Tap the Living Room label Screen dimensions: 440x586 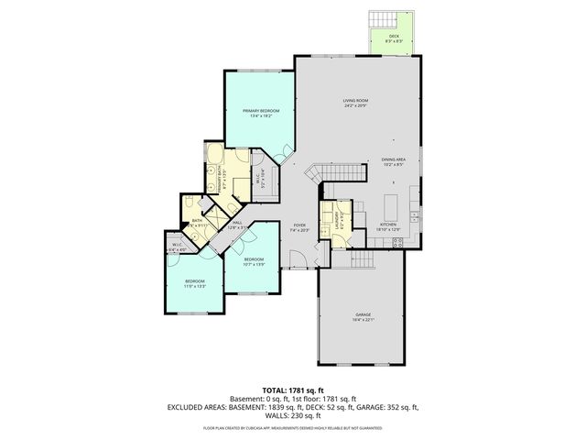pos(356,103)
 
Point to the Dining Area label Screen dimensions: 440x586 pos(394,161)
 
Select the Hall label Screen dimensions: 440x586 pos(236,225)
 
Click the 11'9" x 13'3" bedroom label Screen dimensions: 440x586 pos(195,283)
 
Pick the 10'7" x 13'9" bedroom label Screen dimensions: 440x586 pos(254,262)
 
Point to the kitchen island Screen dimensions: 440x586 pos(392,201)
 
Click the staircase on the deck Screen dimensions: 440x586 pos(381,19)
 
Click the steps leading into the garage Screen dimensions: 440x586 pos(363,261)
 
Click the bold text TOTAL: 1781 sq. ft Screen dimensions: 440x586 pos(293,390)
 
